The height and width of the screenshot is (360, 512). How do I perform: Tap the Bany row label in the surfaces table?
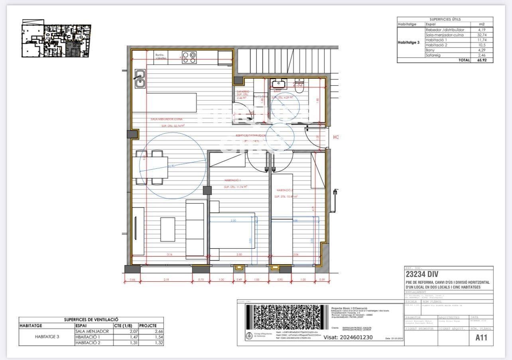point(430,50)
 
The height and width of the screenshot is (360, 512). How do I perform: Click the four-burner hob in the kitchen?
point(189,58)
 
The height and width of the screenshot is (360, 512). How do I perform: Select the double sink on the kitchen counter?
point(140,79)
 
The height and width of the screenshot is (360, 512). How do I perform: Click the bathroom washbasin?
point(278,83)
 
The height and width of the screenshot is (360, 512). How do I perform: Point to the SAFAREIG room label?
point(242,91)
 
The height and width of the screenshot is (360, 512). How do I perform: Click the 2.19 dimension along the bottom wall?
point(166,280)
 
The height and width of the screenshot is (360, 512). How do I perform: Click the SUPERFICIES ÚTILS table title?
point(445,19)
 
